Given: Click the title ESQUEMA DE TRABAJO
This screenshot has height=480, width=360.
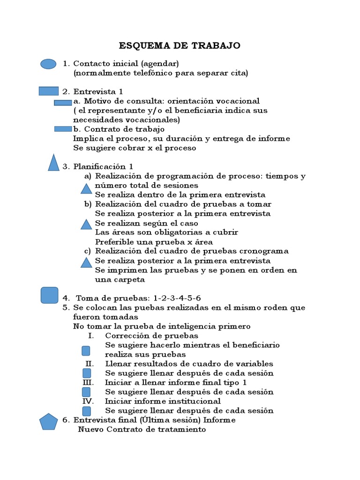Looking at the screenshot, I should (180, 45).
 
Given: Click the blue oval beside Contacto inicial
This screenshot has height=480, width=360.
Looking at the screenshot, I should (48, 64).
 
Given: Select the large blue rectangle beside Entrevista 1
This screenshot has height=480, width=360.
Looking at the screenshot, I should (48, 91).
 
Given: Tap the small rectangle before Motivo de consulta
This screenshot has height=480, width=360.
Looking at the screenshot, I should (63, 102).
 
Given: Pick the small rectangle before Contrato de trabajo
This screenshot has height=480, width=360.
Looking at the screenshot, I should (63, 129).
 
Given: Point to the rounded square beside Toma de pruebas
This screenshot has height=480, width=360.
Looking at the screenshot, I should (49, 295).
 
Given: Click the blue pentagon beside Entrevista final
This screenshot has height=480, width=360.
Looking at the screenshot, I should (49, 422).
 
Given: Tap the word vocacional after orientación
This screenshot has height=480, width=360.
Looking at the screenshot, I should (239, 101).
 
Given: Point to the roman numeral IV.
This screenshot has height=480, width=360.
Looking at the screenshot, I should (88, 401).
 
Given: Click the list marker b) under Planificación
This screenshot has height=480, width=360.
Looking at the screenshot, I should (88, 204).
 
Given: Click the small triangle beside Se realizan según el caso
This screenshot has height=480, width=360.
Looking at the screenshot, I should (86, 225).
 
